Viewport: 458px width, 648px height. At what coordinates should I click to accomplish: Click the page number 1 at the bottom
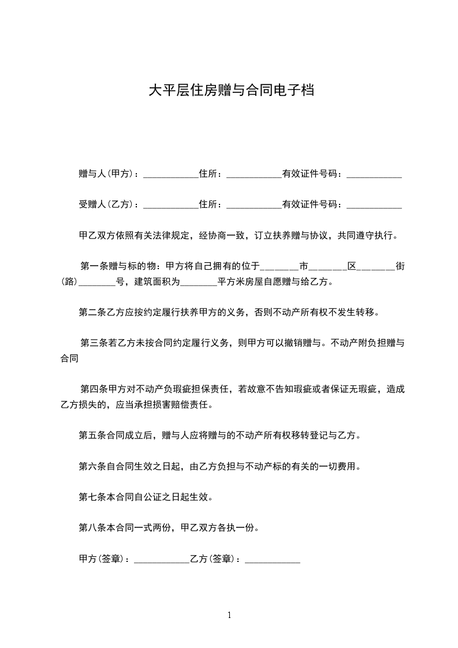click(229, 615)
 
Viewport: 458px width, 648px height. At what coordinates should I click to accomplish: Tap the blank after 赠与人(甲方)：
click(170, 174)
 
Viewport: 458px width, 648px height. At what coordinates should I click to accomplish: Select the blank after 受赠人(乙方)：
click(170, 204)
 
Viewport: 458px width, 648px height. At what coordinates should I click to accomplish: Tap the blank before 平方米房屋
click(199, 282)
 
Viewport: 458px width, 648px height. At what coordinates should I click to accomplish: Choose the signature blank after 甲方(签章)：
click(161, 559)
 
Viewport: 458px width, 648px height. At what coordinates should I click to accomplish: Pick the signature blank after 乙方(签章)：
click(273, 559)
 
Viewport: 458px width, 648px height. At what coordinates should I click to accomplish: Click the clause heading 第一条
click(93, 267)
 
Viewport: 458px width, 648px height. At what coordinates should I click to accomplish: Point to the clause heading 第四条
click(93, 390)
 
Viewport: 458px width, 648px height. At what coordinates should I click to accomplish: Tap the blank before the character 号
click(96, 282)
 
